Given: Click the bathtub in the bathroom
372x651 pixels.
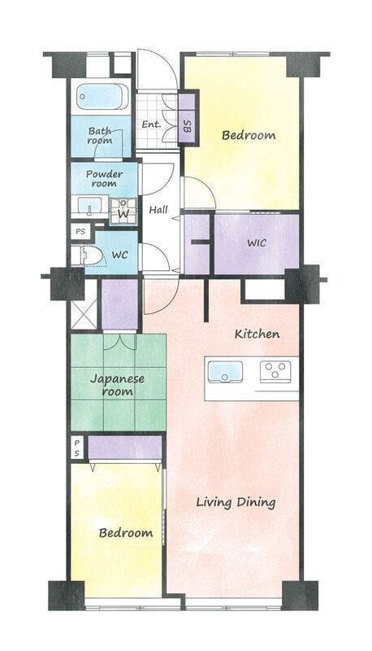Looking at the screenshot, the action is [102, 96].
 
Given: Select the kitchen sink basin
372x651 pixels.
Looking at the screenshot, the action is [225, 371].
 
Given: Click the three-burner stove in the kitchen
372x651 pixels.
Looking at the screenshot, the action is [275, 372].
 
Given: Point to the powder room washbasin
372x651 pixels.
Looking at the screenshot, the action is [90, 207].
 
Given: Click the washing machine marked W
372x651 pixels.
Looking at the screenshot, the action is [123, 212].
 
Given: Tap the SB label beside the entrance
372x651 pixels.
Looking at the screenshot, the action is [187, 126].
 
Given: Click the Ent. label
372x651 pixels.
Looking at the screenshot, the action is [151, 125].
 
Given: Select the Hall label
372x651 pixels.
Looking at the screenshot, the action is [158, 210].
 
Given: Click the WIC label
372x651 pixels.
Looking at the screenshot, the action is [257, 242].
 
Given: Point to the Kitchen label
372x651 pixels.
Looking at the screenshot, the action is [257, 334].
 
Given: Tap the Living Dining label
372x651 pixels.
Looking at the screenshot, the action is [236, 503].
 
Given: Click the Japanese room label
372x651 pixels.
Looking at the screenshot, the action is [117, 385].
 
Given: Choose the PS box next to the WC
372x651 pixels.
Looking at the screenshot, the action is [80, 231].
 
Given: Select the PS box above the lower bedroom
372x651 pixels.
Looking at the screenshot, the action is [77, 448].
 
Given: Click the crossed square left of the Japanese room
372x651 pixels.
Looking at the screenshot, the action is [84, 305].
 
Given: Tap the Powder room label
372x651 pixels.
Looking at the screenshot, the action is [105, 178].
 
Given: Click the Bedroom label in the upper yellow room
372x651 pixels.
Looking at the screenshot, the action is [249, 135].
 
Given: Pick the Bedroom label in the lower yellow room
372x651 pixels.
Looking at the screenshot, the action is [126, 533].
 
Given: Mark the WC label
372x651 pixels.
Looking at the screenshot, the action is [119, 255].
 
